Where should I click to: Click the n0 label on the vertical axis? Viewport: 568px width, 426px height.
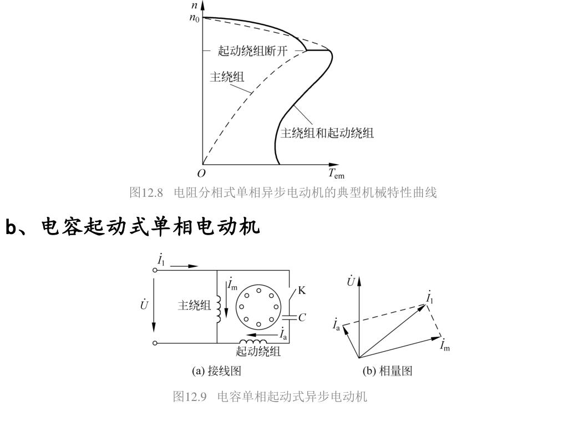[x=194, y=18]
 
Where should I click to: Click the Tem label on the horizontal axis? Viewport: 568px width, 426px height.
[x=336, y=174]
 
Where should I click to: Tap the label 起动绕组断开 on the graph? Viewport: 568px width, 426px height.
[x=253, y=51]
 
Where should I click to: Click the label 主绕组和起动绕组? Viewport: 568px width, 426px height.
[x=327, y=133]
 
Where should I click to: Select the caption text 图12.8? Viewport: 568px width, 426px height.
[x=146, y=192]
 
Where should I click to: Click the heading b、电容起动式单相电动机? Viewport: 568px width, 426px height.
[x=133, y=227]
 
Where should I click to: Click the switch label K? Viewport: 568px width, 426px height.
[x=302, y=290]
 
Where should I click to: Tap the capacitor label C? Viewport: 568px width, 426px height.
[x=302, y=318]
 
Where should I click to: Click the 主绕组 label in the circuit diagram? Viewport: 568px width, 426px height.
[x=194, y=306]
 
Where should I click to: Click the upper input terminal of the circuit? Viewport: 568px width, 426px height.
[x=155, y=270]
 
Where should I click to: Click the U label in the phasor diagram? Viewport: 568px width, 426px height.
[x=351, y=282]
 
